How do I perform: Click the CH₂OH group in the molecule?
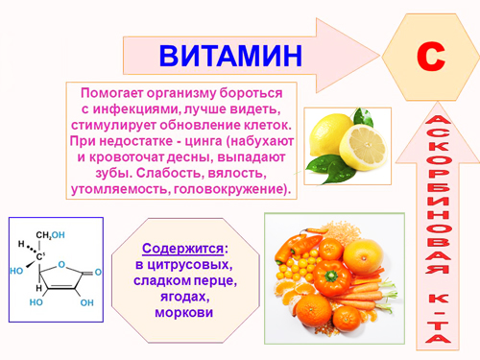click(51, 235)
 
